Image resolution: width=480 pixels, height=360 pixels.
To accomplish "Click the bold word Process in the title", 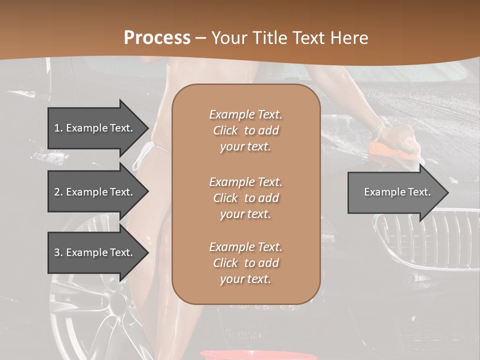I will (x=157, y=37).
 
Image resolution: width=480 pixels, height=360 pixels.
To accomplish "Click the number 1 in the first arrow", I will (x=57, y=128).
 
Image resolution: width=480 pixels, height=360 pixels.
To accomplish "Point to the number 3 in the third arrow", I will (x=57, y=252).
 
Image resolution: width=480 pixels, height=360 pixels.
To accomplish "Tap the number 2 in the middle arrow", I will (x=57, y=192).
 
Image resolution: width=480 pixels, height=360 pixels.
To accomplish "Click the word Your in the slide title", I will (x=229, y=37).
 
